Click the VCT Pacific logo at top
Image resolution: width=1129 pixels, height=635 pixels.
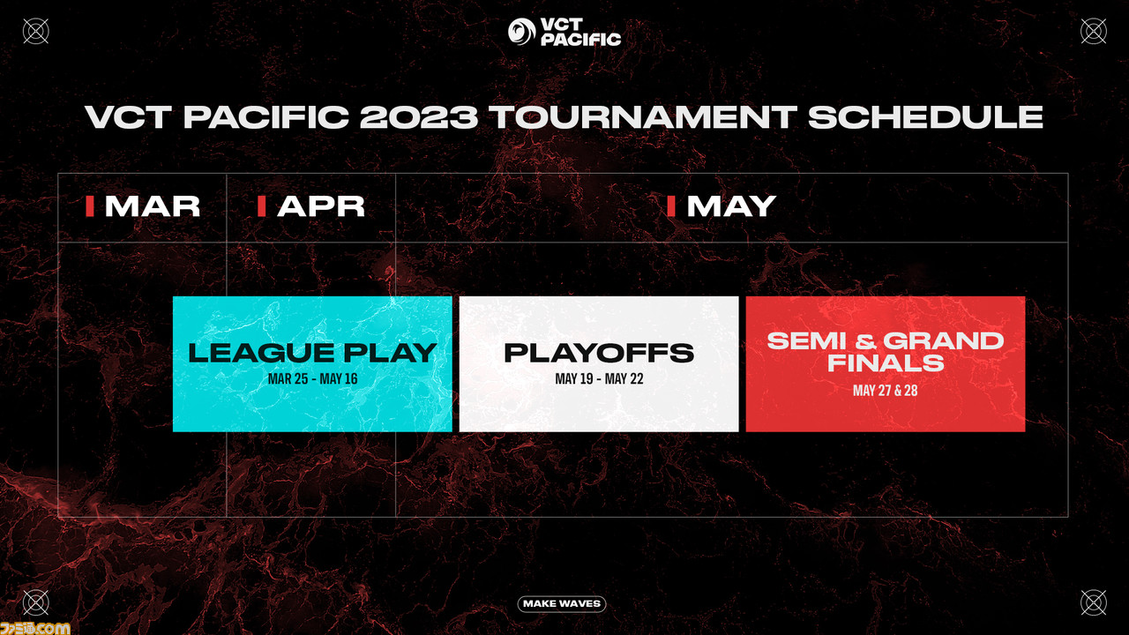pyautogui.click(x=564, y=32)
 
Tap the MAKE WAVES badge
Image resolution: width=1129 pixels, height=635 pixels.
pyautogui.click(x=562, y=604)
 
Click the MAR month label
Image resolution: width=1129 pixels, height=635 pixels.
pyautogui.click(x=153, y=206)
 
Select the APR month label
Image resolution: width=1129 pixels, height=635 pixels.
pyautogui.click(x=321, y=206)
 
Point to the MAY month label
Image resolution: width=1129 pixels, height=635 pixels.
pyautogui.click(x=731, y=206)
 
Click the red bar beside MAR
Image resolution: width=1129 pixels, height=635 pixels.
pyautogui.click(x=90, y=206)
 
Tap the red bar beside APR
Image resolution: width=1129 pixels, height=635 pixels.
pyautogui.click(x=262, y=206)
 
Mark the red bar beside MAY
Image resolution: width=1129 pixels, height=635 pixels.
pyautogui.click(x=671, y=206)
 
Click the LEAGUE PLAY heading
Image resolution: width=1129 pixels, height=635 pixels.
pyautogui.click(x=312, y=353)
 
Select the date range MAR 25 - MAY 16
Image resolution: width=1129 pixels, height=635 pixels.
pyautogui.click(x=312, y=379)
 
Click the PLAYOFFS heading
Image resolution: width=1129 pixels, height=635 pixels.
pyautogui.click(x=599, y=353)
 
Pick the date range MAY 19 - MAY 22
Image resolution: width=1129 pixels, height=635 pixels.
pyautogui.click(x=599, y=379)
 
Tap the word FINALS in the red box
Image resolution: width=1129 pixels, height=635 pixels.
pyautogui.click(x=886, y=362)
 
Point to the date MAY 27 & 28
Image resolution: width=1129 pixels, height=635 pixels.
pyautogui.click(x=885, y=391)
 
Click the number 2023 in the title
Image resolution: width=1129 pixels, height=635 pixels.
pyautogui.click(x=419, y=117)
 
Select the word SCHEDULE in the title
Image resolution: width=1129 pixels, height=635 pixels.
pyautogui.click(x=926, y=117)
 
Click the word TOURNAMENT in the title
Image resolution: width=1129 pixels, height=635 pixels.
pyautogui.click(x=642, y=117)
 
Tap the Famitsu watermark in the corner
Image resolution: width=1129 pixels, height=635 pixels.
pyautogui.click(x=34, y=628)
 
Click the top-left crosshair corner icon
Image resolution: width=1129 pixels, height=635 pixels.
pyautogui.click(x=36, y=31)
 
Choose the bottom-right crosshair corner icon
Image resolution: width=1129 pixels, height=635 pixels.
pyautogui.click(x=1094, y=603)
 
